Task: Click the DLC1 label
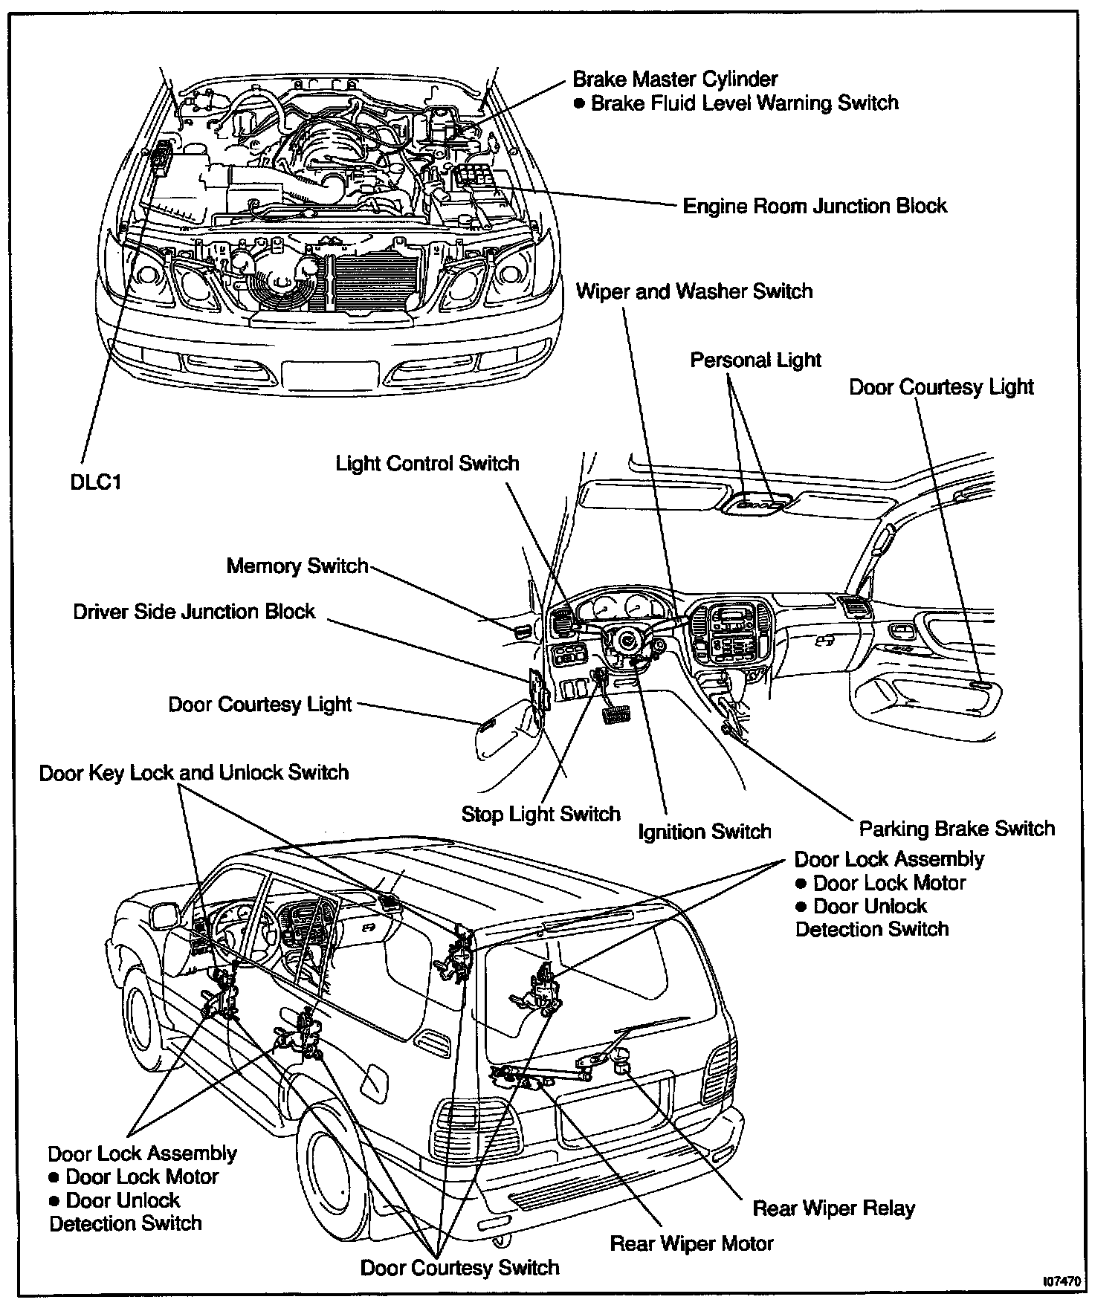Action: tap(94, 482)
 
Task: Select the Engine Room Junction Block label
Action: tap(814, 206)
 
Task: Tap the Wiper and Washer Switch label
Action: tap(694, 291)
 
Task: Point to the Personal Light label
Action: tap(755, 360)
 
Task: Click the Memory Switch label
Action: tap(297, 566)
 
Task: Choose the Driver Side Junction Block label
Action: tap(194, 612)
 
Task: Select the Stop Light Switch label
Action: tap(540, 814)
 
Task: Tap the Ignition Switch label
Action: tap(704, 831)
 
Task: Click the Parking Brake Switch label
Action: tap(957, 829)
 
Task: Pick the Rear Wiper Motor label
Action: tap(691, 1243)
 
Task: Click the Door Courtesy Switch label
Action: tap(459, 1267)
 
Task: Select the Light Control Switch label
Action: tap(427, 464)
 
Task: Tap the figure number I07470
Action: tap(1062, 1282)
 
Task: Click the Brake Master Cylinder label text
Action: tap(675, 80)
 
